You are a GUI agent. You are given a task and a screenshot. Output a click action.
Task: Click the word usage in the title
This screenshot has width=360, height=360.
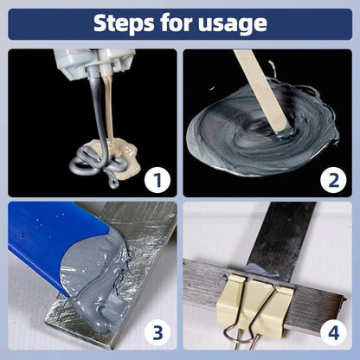pyautogui.click(x=234, y=23)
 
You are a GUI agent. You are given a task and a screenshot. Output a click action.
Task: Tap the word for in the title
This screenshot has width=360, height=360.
pyautogui.click(x=178, y=22)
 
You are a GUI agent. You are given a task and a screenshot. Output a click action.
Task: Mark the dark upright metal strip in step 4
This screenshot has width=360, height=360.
pyautogui.click(x=277, y=229)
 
